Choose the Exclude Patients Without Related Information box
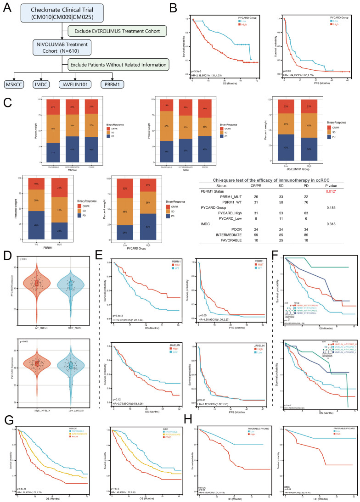click(111, 65)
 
